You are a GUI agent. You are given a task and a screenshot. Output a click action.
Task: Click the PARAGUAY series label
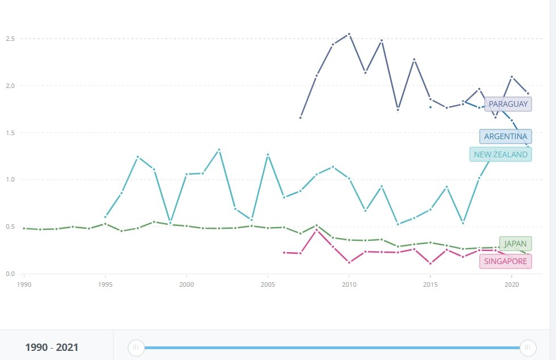[508, 104]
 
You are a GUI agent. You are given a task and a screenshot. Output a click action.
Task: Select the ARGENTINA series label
[505, 136]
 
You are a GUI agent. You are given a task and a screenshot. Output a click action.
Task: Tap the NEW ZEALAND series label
[500, 154]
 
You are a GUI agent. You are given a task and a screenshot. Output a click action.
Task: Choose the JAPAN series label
[515, 244]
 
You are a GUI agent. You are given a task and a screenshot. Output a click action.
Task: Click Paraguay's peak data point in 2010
[349, 34]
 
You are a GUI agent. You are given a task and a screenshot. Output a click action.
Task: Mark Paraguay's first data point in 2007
[300, 118]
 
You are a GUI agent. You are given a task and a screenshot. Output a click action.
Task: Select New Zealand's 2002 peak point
[219, 150]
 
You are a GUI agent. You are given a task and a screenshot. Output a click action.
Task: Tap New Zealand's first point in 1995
[105, 217]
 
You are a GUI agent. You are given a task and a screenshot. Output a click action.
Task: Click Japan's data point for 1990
[24, 228]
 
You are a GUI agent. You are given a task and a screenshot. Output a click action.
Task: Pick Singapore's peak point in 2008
[316, 230]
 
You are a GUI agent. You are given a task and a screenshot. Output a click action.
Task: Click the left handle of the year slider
[136, 348]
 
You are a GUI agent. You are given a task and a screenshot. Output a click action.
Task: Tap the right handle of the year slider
[528, 348]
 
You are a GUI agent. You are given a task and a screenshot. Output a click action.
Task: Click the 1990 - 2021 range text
[52, 348]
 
